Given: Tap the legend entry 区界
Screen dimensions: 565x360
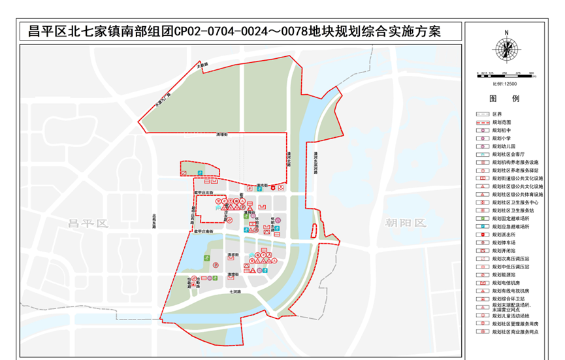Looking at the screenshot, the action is [x=497, y=114].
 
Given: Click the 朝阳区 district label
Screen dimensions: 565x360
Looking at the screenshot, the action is [x=405, y=223].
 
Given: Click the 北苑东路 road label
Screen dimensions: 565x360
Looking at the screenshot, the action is [x=155, y=222].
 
